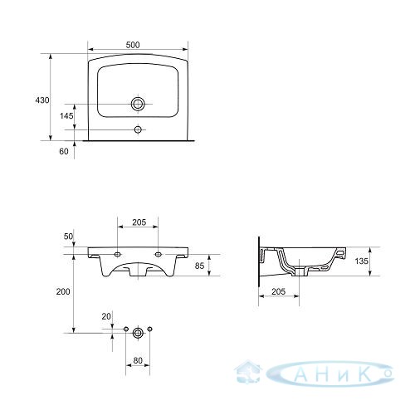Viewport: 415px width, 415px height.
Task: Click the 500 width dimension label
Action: click(133, 45)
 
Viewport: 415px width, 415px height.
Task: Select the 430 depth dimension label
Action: click(42, 100)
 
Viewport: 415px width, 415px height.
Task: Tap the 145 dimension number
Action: click(66, 115)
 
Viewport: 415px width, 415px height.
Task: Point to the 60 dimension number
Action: click(64, 151)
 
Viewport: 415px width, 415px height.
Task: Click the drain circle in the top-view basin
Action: click(138, 104)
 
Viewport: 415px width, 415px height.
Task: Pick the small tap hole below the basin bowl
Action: click(138, 129)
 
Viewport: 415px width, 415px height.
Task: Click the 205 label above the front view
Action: click(139, 222)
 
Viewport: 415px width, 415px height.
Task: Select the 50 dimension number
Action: click(68, 237)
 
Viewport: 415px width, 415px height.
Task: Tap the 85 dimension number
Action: click(199, 266)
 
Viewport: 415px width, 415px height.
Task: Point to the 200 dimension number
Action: click(63, 291)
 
